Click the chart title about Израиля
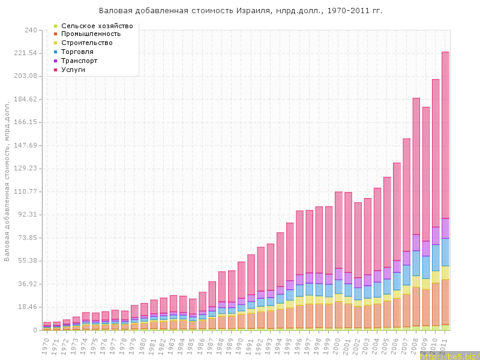(240, 11)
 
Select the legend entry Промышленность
(95, 34)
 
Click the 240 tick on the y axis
(30, 30)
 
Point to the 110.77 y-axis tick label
(26, 191)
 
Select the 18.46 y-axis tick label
(28, 307)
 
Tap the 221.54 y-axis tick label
(26, 53)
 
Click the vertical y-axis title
(7, 180)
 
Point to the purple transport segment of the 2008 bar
(416, 242)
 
